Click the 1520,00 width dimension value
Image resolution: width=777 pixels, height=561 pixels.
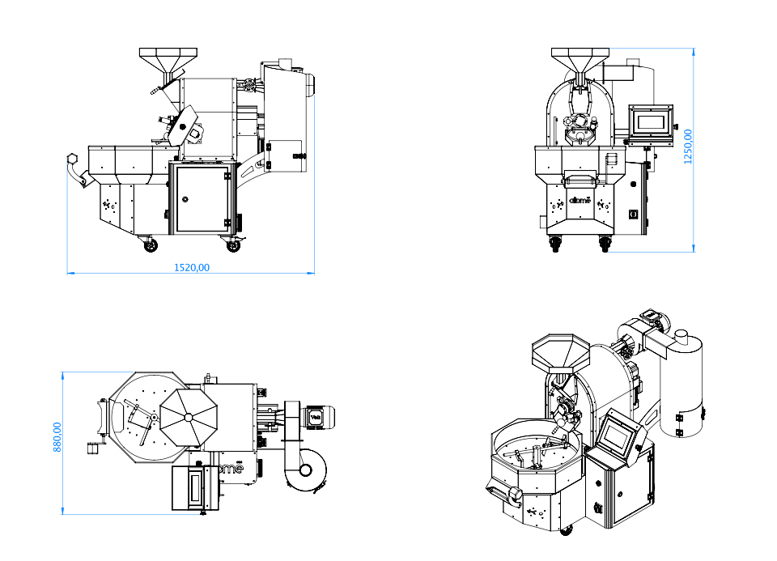coord(192,267)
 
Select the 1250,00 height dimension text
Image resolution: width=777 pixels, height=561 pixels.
coord(689,147)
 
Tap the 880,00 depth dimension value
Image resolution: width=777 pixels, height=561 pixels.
coord(57,436)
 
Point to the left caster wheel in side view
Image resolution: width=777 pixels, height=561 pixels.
coord(150,244)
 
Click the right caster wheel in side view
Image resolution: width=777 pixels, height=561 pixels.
coord(233,243)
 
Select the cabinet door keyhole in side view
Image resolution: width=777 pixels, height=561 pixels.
coord(185,198)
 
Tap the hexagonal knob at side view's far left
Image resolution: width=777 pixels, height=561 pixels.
coord(71,159)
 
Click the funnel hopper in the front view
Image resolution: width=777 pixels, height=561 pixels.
coord(579,61)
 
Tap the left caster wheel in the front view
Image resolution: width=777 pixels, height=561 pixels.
coord(556,243)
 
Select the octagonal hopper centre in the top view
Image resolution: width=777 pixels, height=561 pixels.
coord(189,417)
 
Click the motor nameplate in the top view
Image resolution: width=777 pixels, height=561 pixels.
coord(316,417)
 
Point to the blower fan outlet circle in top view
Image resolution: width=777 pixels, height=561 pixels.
coord(305,470)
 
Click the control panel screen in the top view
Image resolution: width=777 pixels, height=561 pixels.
coord(194,487)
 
